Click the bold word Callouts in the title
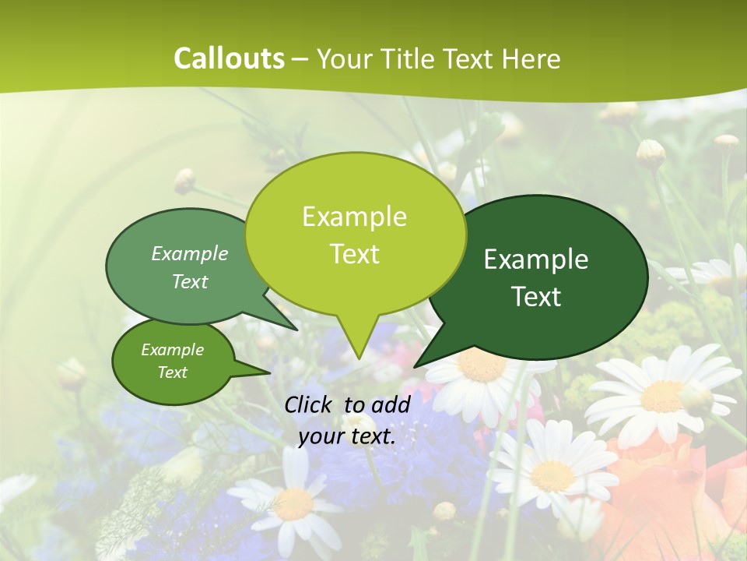[x=229, y=58]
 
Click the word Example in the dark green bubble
[x=536, y=259]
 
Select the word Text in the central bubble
[x=355, y=254]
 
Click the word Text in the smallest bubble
[x=173, y=372]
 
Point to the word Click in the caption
[x=310, y=404]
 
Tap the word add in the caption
[x=391, y=404]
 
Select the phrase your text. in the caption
[x=347, y=436]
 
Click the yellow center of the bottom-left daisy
[x=295, y=504]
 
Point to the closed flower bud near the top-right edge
[x=726, y=142]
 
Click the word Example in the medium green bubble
[x=190, y=253]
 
